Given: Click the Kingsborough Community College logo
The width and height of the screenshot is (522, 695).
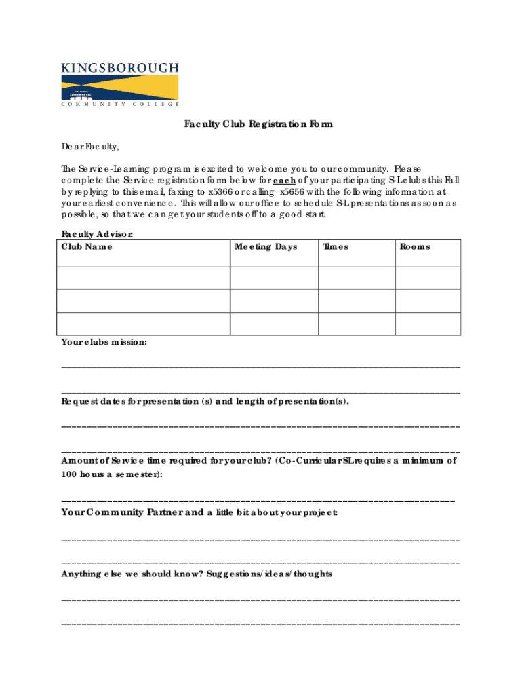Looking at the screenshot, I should (120, 84).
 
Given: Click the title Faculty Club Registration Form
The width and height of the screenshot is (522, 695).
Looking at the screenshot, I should (258, 124).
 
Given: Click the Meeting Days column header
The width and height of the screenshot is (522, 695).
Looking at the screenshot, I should (266, 246).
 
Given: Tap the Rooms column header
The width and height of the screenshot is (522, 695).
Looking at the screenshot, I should (415, 246).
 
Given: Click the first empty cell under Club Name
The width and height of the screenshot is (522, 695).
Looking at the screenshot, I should (145, 278).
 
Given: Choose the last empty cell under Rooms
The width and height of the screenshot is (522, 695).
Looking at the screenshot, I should (428, 324).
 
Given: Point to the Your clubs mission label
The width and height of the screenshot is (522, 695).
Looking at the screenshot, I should (104, 342).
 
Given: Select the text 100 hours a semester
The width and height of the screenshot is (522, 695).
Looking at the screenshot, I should (111, 474).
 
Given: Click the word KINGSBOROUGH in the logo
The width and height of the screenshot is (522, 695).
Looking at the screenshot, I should (120, 67).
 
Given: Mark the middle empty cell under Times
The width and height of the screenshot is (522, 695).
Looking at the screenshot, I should (357, 301).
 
